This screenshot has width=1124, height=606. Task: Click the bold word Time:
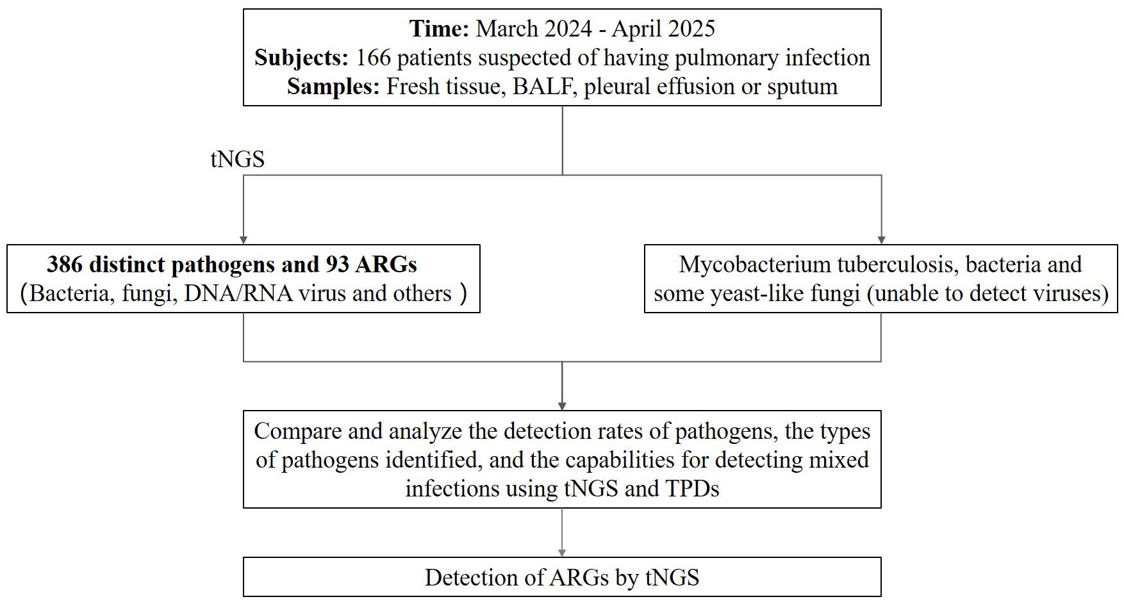click(439, 29)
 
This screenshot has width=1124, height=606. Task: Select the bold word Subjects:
click(301, 58)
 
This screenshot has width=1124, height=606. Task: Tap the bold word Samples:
click(333, 86)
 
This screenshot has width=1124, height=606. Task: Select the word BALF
click(542, 86)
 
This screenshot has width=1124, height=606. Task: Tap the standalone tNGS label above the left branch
click(237, 159)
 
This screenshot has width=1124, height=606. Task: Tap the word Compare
click(297, 431)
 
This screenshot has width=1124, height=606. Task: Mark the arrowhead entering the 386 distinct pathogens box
click(244, 240)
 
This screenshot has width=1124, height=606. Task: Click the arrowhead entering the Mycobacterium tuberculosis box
click(881, 240)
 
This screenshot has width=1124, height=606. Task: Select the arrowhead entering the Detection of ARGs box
click(562, 552)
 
